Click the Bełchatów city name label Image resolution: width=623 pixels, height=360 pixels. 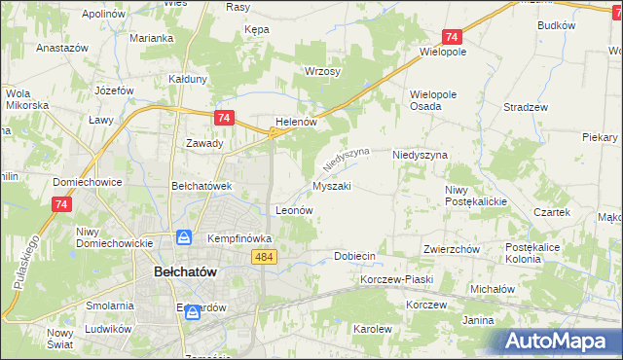pyautogui.click(x=191, y=273)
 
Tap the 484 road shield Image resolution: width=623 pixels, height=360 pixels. pyautogui.click(x=262, y=256)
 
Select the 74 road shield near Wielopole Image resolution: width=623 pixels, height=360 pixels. pyautogui.click(x=451, y=36)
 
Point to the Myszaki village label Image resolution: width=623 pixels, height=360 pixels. pyautogui.click(x=331, y=185)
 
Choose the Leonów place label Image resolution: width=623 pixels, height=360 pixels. pyautogui.click(x=294, y=209)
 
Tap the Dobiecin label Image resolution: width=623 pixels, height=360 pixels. pyautogui.click(x=354, y=256)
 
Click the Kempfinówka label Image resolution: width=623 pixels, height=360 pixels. pyautogui.click(x=238, y=237)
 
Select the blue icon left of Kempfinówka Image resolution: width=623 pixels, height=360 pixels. pyautogui.click(x=184, y=237)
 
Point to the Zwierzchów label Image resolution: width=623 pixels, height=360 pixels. pyautogui.click(x=452, y=249)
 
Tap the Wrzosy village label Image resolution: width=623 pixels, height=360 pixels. pyautogui.click(x=322, y=72)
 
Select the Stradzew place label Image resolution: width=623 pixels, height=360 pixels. pyautogui.click(x=527, y=107)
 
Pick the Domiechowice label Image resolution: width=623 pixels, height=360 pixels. pyautogui.click(x=87, y=182)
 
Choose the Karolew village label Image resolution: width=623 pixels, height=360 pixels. pyautogui.click(x=372, y=329)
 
